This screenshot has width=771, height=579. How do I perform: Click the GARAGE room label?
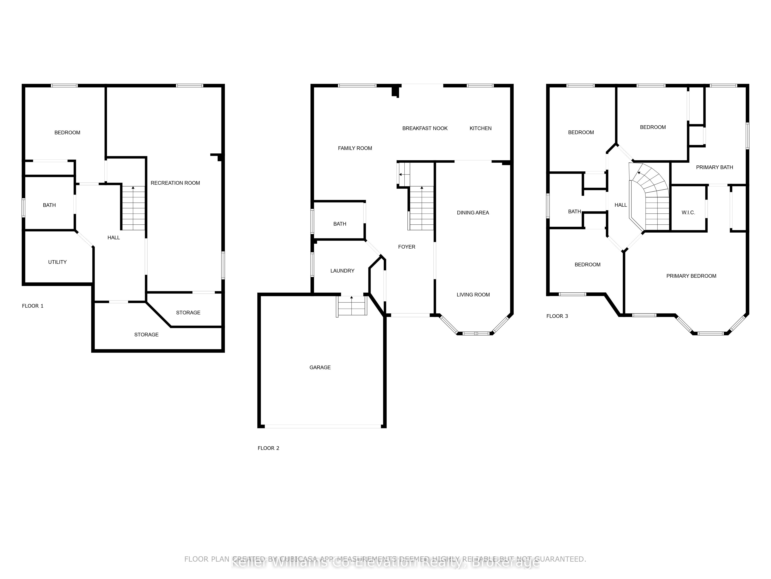tap(320, 367)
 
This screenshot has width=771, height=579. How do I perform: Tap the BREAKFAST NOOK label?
tap(425, 128)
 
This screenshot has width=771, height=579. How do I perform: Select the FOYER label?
tap(406, 247)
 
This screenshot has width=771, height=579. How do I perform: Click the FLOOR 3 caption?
tap(557, 316)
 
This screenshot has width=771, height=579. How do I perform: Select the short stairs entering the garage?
tap(352, 306)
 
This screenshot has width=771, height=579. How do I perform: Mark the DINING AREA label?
tap(473, 212)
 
